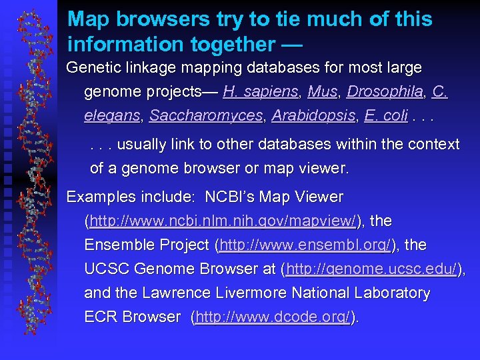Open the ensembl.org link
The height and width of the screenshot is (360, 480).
pos(305,245)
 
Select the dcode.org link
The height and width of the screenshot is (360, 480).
pos(273,317)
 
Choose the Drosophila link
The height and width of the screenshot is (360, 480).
pos(385,92)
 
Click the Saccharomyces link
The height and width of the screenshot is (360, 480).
pos(206,116)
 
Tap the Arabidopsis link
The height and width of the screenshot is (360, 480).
pos(313,116)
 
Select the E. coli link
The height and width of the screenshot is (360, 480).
pos(386,116)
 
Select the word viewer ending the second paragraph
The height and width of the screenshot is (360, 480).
pos(323,168)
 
